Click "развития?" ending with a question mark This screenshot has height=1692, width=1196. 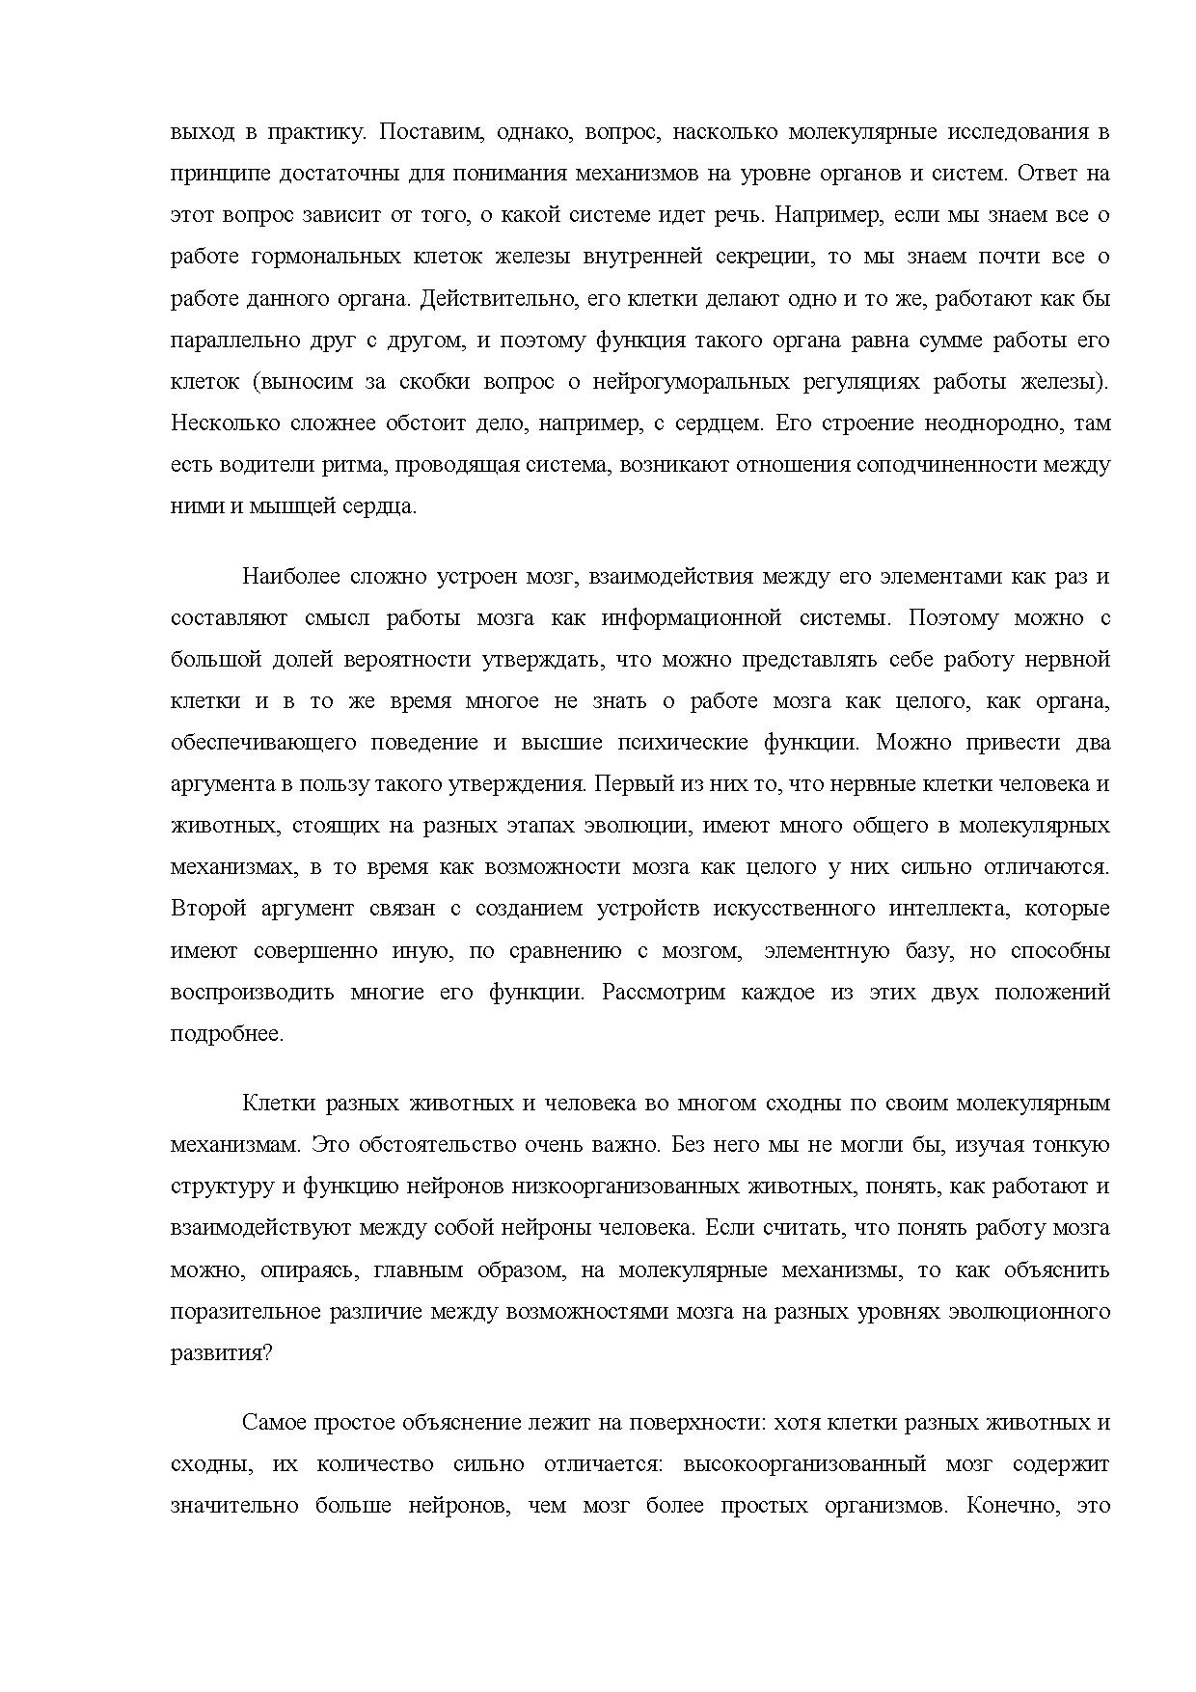pyautogui.click(x=222, y=1352)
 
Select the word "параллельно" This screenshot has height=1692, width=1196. pyautogui.click(x=226, y=340)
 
